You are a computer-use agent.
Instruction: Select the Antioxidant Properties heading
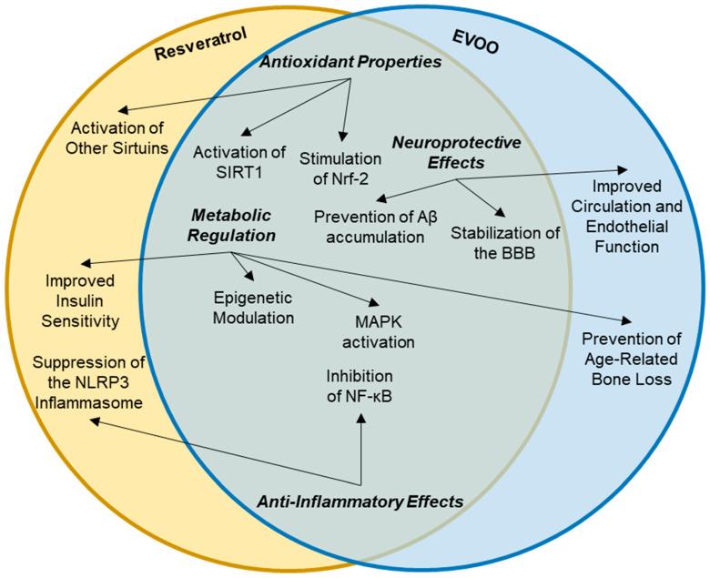point(350,62)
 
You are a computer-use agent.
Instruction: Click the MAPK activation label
point(371,332)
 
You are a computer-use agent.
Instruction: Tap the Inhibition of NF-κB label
point(360,386)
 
